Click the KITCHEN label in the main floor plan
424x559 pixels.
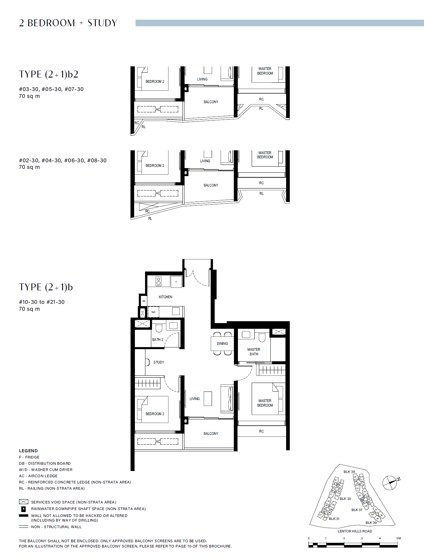165,297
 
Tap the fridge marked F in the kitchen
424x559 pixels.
176,282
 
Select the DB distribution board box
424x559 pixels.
144,301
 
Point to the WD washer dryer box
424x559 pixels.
153,312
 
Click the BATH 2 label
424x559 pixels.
158,340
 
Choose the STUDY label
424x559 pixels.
159,362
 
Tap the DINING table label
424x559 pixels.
222,344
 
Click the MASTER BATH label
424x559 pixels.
254,352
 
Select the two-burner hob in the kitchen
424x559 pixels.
159,281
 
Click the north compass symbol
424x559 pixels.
390,482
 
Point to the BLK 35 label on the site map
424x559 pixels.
349,472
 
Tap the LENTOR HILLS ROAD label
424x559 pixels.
355,531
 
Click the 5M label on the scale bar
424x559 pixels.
398,538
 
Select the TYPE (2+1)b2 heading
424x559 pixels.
49,74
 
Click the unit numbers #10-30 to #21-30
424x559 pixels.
42,302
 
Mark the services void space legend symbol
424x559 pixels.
24,502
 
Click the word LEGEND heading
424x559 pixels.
28,451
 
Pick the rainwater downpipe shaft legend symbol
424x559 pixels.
24,509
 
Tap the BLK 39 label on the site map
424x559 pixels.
371,523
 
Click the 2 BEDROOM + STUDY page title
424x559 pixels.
68,23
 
